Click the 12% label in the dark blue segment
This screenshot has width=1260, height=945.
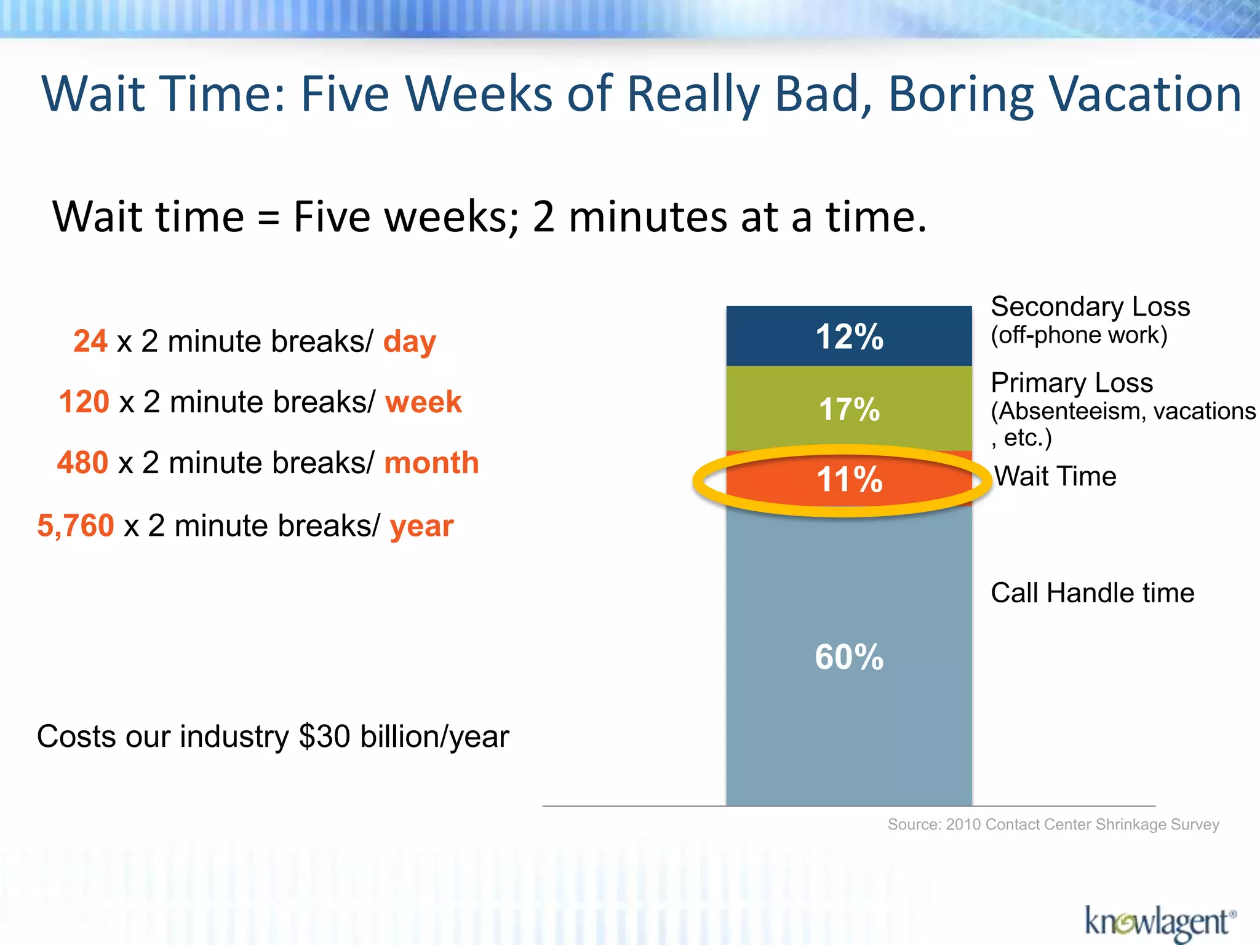(x=849, y=337)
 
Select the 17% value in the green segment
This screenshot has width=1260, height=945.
(x=849, y=409)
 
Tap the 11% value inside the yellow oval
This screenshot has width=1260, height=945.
(x=849, y=479)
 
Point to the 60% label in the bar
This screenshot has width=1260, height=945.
(x=849, y=656)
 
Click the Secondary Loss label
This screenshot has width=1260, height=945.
(x=1090, y=306)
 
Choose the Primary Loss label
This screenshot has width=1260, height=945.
(x=1071, y=383)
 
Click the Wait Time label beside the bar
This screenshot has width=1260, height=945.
(x=1055, y=476)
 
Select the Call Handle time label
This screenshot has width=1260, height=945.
(x=1092, y=593)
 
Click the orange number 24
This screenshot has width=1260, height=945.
(x=90, y=341)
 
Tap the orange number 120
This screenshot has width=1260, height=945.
(x=84, y=402)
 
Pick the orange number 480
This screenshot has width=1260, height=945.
(x=82, y=463)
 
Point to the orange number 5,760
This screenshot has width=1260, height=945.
(x=76, y=525)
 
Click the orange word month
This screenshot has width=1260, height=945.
(x=431, y=463)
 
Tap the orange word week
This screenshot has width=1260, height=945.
(x=423, y=402)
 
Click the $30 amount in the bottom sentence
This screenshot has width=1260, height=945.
(x=324, y=736)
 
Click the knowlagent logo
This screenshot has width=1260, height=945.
(x=1159, y=922)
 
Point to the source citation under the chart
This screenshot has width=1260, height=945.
(x=1053, y=824)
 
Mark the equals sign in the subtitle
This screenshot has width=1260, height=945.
(x=268, y=218)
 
